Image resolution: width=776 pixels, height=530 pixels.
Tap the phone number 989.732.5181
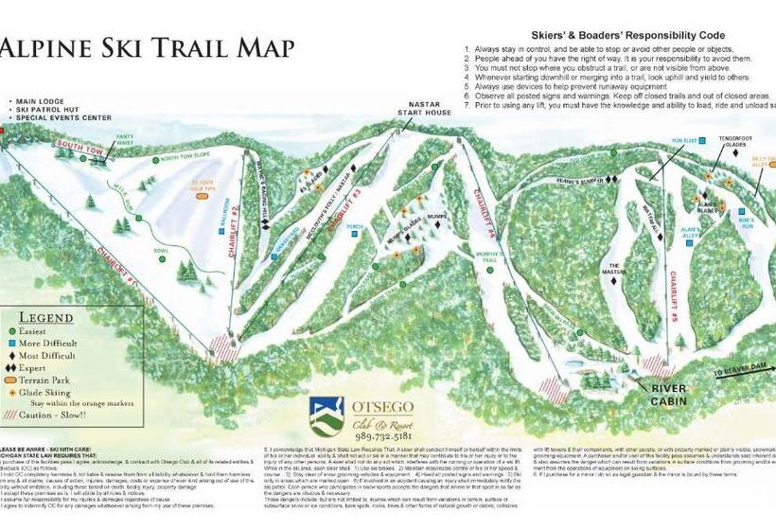(x=383, y=436)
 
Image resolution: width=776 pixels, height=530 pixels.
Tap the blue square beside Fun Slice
(x=678, y=150)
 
